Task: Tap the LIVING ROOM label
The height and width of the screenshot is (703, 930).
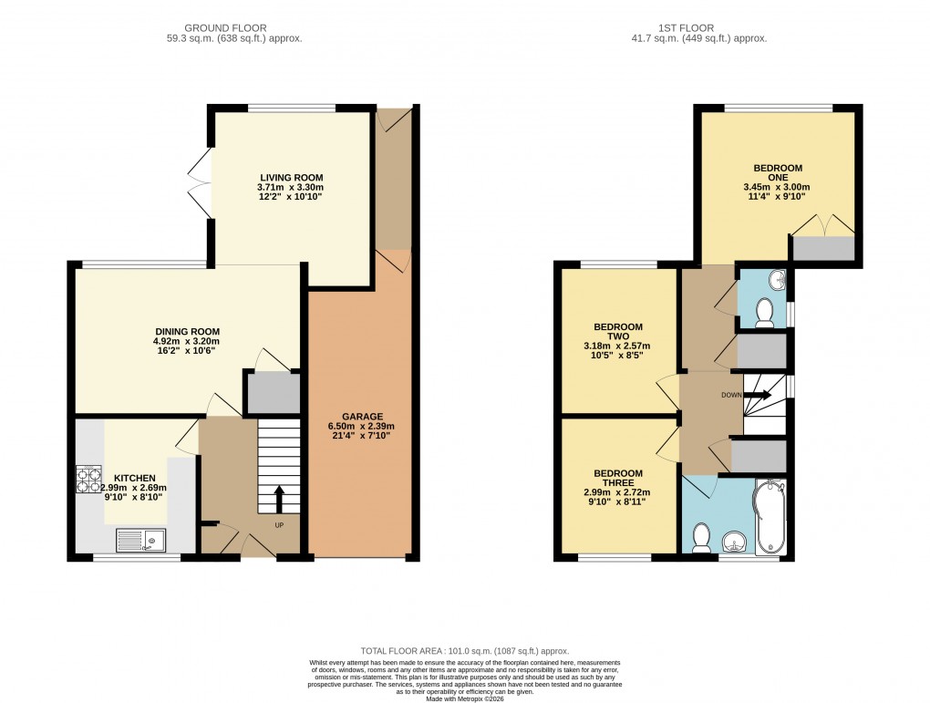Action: pos(291,178)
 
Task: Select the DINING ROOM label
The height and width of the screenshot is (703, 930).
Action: pos(187,332)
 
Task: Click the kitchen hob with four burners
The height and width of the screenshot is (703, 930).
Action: pos(88,480)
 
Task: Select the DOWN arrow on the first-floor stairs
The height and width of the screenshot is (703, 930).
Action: pos(759,396)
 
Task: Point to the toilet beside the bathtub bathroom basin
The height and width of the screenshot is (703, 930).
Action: pos(702,537)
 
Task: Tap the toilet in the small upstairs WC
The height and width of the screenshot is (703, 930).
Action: pos(765,313)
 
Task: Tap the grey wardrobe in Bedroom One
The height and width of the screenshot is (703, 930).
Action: pos(823,248)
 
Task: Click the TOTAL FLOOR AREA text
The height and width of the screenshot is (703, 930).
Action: pos(465,651)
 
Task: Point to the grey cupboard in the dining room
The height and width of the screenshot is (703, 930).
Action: pos(272,393)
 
